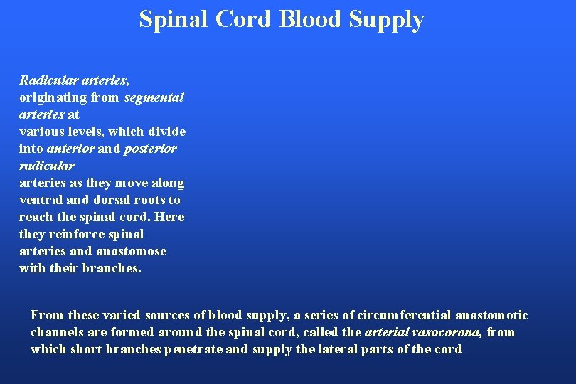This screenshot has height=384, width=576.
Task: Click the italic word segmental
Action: pyautogui.click(x=154, y=97)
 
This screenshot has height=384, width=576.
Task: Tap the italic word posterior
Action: pyautogui.click(x=150, y=149)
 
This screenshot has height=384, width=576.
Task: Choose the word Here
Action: pyautogui.click(x=171, y=217)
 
